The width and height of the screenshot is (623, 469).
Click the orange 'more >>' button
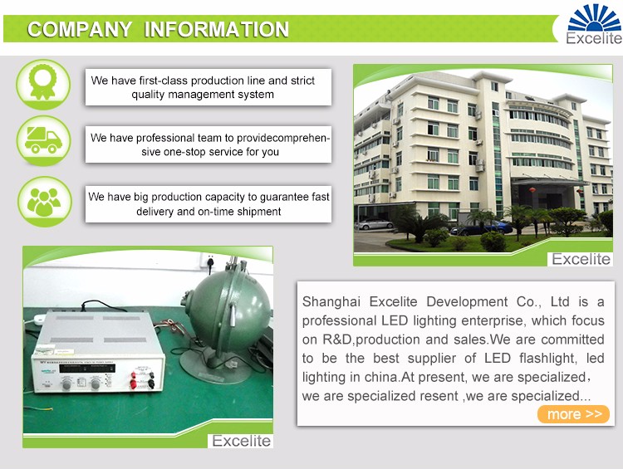click(x=573, y=414)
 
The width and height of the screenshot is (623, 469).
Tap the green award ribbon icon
click(x=43, y=84)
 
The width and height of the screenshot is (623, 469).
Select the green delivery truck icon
click(x=43, y=140)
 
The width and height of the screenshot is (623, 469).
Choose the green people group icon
click(x=45, y=202)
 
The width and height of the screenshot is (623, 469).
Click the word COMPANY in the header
click(x=80, y=30)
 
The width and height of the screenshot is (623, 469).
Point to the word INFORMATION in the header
click(x=217, y=30)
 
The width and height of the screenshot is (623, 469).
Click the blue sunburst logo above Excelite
click(x=595, y=18)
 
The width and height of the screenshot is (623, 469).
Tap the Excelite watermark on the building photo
click(x=581, y=259)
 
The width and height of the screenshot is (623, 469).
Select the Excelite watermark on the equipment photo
click(x=241, y=441)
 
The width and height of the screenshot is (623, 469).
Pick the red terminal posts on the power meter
click(x=133, y=379)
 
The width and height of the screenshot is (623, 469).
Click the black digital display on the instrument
click(x=87, y=368)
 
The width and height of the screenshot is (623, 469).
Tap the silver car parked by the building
click(x=374, y=224)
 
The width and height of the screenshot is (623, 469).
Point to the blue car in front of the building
click(x=482, y=227)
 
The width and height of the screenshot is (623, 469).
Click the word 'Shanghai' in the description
click(x=331, y=302)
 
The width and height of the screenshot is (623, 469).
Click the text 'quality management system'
click(x=203, y=95)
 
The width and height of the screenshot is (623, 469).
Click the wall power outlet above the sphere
click(x=210, y=261)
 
